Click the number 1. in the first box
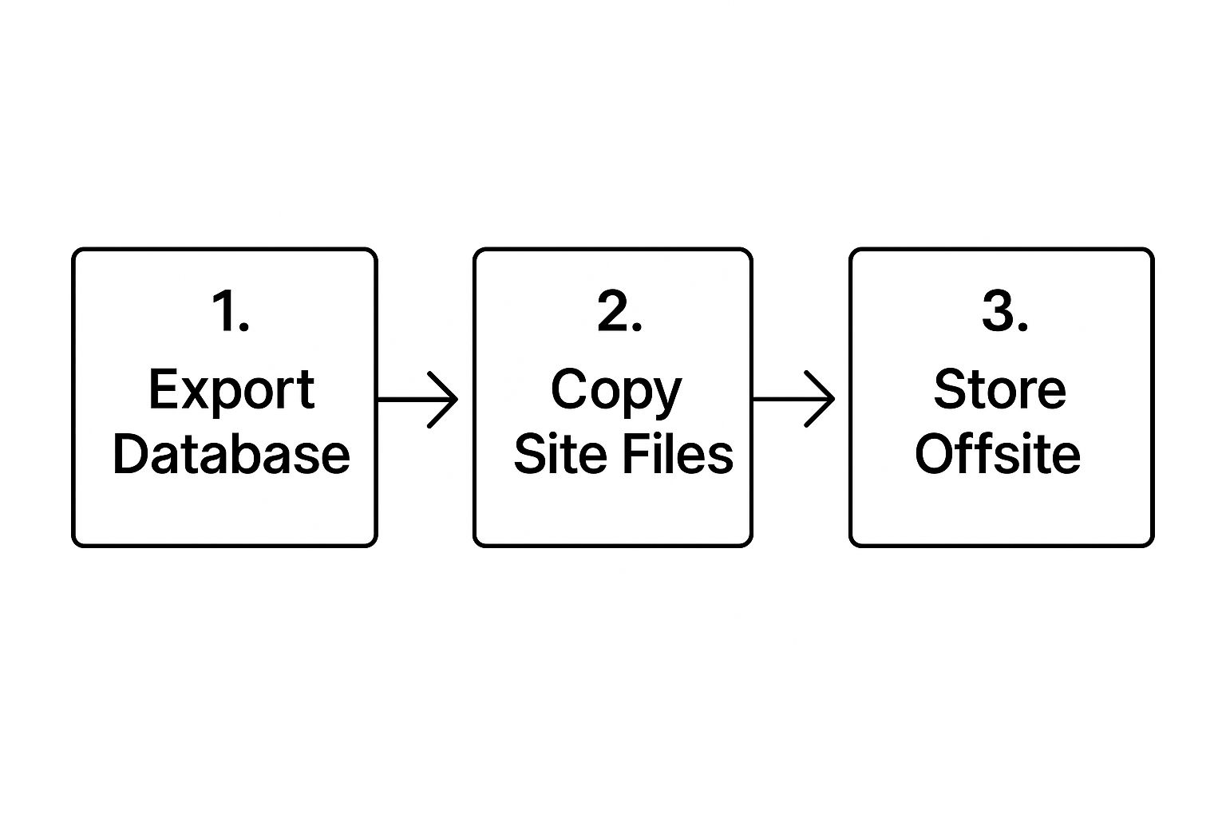tap(231, 311)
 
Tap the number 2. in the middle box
tap(619, 311)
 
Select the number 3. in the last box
tap(1006, 311)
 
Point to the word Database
tap(231, 454)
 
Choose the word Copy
tap(616, 392)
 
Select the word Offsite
tap(998, 454)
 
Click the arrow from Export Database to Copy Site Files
tap(417, 400)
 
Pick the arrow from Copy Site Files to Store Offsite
tap(793, 399)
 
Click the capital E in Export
tap(164, 389)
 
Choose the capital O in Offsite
tap(935, 454)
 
